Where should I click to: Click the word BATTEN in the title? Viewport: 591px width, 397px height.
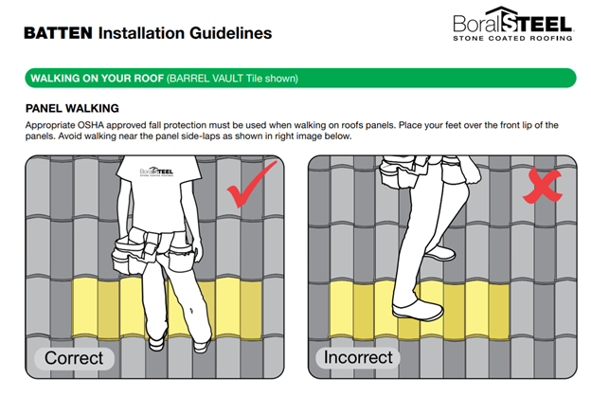tap(59, 33)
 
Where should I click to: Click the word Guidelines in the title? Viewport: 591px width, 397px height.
tap(231, 33)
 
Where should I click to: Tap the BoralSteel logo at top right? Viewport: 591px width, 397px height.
tap(512, 24)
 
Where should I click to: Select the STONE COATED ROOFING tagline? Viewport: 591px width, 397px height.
tap(512, 38)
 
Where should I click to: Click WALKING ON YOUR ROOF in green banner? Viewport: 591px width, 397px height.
tap(98, 79)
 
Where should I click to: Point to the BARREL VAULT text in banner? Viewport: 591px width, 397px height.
tap(206, 79)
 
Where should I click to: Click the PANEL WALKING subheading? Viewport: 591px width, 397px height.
tap(72, 109)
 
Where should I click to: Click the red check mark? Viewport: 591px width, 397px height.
tap(251, 184)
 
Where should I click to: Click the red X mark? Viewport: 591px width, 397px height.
tap(543, 186)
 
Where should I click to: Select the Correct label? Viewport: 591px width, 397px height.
tap(74, 358)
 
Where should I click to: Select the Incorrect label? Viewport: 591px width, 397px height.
tap(358, 357)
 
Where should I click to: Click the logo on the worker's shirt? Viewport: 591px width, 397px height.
tap(156, 171)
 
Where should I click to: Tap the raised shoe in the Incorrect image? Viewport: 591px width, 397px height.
tap(439, 252)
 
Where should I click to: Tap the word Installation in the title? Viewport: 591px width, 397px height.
tap(141, 33)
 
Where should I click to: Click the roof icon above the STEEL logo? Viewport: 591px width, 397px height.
tap(501, 11)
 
